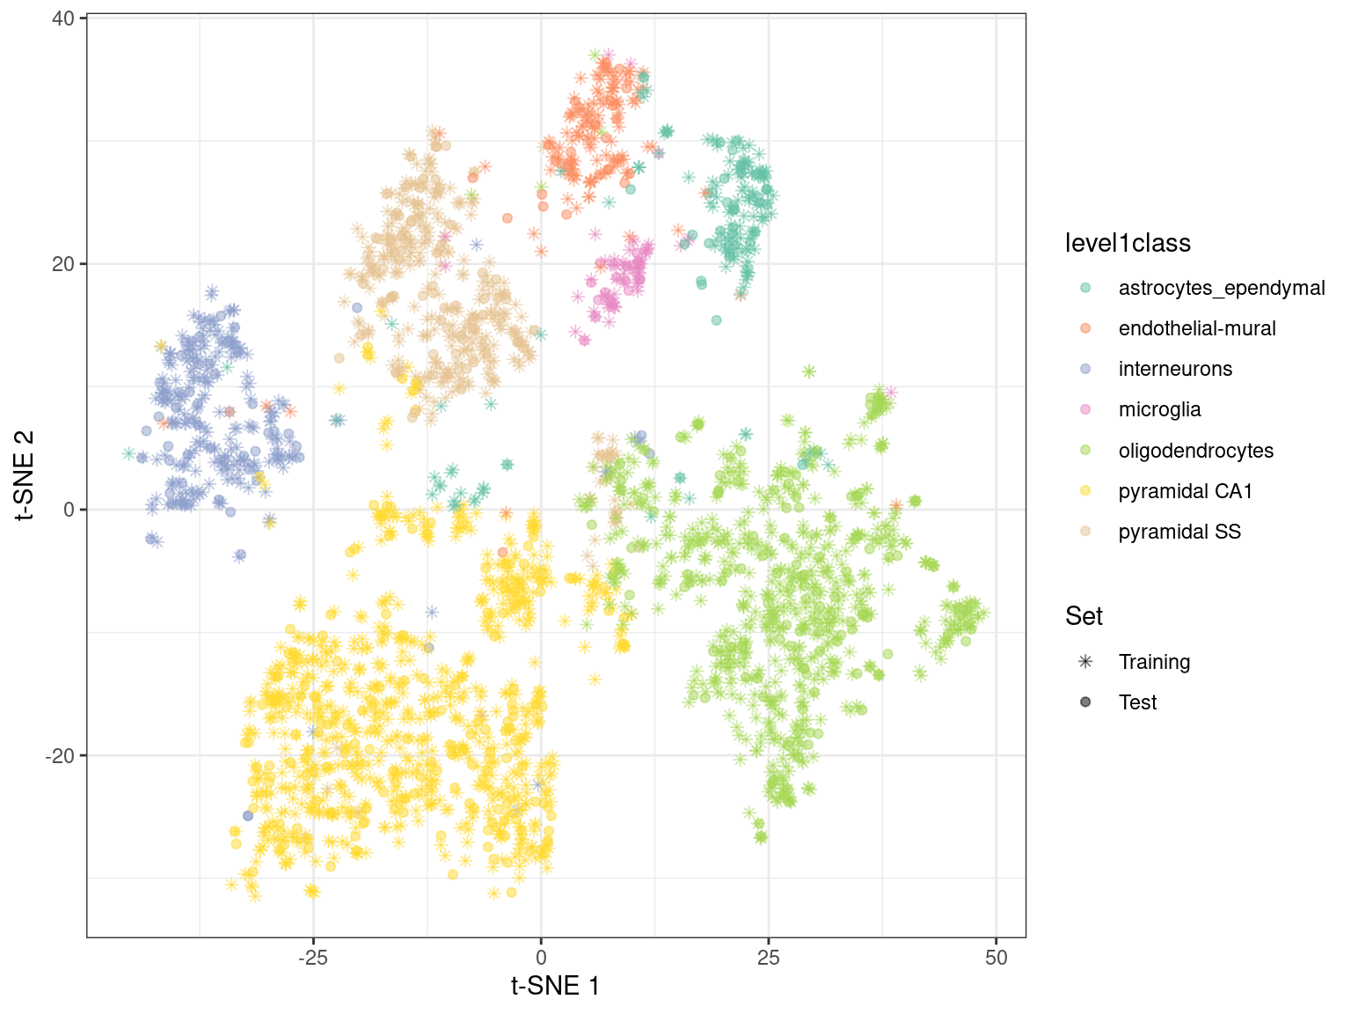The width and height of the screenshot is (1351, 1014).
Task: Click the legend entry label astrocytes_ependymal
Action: tap(1221, 288)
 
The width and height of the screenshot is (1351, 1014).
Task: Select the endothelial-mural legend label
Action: tap(1196, 328)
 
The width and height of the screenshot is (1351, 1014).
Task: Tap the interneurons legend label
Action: tap(1175, 369)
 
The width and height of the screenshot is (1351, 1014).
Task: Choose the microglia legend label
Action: tap(1159, 409)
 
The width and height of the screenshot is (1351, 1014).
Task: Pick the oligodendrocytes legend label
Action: tap(1195, 451)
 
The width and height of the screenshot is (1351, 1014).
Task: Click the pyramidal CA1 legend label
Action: tap(1185, 491)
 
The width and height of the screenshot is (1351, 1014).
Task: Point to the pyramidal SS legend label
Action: tap(1179, 532)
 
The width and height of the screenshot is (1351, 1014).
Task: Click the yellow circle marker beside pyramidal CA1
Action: tap(1085, 491)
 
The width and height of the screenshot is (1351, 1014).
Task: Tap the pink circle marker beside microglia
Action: tap(1085, 409)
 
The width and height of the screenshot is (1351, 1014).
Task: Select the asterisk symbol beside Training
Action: tap(1085, 662)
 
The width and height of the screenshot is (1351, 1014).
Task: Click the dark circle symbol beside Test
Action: tap(1085, 702)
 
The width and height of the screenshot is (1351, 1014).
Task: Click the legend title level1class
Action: tap(1128, 243)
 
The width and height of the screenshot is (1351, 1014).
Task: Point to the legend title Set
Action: tap(1084, 616)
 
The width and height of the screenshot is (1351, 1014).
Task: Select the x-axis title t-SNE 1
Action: tap(556, 986)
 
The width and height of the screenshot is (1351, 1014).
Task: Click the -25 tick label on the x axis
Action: tap(313, 958)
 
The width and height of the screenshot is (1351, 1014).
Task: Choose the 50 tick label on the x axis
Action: tap(997, 958)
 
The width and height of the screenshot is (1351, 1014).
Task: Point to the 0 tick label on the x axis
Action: tap(541, 958)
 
